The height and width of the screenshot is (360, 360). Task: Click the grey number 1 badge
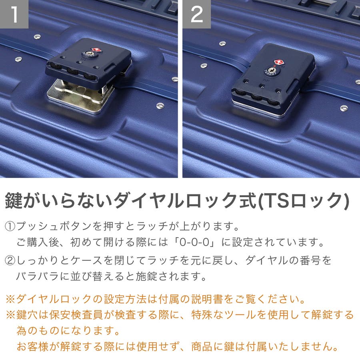[x=14, y=14]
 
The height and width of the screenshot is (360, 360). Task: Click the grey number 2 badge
[x=196, y=14]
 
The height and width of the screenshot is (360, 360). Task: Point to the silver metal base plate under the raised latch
[x=80, y=96]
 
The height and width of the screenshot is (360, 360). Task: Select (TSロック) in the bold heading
[x=304, y=201]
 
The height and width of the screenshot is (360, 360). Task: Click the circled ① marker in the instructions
[x=10, y=226]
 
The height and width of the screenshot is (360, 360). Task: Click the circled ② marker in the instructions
[x=10, y=260]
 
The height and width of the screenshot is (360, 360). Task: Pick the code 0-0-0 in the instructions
[x=194, y=242]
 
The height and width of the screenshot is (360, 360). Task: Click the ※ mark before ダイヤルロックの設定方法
[x=10, y=299]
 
